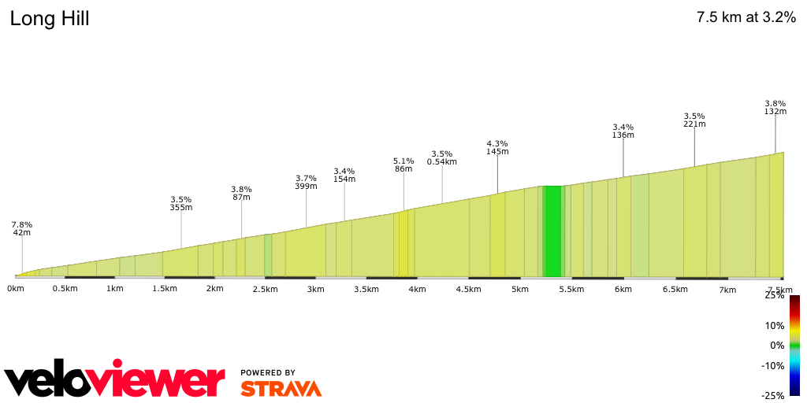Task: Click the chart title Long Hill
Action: pos(50,19)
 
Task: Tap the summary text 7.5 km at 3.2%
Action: pos(746,18)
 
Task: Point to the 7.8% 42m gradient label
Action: pos(22,228)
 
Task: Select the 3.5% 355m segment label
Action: pos(181,203)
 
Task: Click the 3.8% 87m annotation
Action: pos(241,193)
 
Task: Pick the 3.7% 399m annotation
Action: pos(306,182)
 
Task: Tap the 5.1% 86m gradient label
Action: pos(403,165)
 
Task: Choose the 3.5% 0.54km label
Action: pos(442,157)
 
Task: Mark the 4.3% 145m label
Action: pos(497,147)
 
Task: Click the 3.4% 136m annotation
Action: pos(623,131)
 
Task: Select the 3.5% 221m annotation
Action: pos(694,120)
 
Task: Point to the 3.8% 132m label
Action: pos(775,107)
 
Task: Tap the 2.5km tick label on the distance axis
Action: pos(265,289)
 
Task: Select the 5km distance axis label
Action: pos(519,289)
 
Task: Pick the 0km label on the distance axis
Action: pos(15,289)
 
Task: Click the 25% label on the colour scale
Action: pos(775,296)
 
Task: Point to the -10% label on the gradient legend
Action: pos(773,365)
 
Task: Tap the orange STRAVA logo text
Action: pos(281,388)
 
